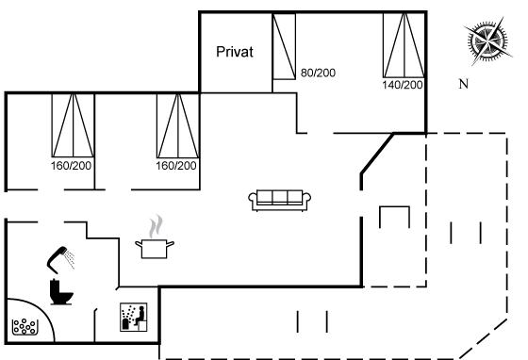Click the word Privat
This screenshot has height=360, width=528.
(235, 52)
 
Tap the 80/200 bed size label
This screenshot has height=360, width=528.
(318, 73)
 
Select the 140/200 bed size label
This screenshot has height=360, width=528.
(403, 85)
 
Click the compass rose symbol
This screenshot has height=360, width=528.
(488, 41)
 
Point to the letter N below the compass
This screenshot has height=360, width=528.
(464, 84)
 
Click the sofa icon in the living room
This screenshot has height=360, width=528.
(279, 201)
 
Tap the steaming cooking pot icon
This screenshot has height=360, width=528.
(155, 237)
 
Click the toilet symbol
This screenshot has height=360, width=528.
(61, 292)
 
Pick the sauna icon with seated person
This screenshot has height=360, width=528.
(134, 317)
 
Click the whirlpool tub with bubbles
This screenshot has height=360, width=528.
(25, 327)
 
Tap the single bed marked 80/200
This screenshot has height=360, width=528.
(284, 46)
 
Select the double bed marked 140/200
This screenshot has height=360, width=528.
(404, 45)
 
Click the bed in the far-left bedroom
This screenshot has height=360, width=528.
(73, 125)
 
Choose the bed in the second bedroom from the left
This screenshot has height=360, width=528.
(178, 125)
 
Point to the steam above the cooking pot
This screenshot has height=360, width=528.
(156, 226)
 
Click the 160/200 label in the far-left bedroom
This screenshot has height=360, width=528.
(71, 166)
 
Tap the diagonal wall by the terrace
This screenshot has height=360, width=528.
(377, 154)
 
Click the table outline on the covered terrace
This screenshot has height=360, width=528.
(395, 207)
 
